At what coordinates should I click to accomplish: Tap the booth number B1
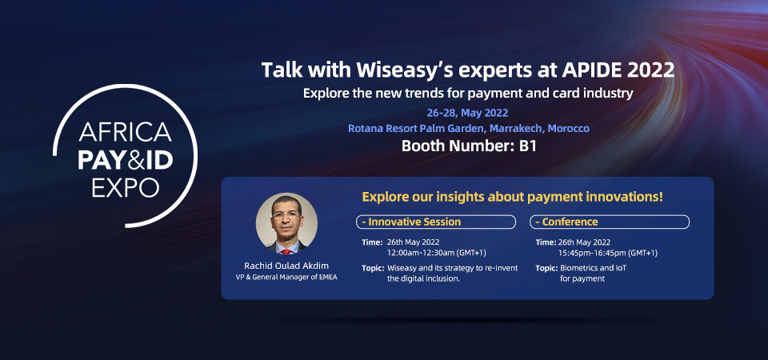tap(527, 146)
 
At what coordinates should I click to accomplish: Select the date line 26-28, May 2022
tap(467, 113)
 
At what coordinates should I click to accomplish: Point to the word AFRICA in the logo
tap(126, 132)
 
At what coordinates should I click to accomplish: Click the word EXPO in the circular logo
tap(126, 188)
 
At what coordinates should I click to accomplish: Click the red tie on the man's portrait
tap(286, 250)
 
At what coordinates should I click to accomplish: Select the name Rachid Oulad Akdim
tap(286, 266)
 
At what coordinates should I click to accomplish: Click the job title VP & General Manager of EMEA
tap(286, 278)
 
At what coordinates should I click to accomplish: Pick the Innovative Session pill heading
tap(435, 222)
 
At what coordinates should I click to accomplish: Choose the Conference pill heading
tap(610, 222)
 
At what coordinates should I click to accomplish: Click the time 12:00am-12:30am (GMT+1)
tap(437, 254)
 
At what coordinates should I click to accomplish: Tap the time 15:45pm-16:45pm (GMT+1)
tap(608, 254)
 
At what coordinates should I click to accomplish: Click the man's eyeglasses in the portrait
tap(286, 214)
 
